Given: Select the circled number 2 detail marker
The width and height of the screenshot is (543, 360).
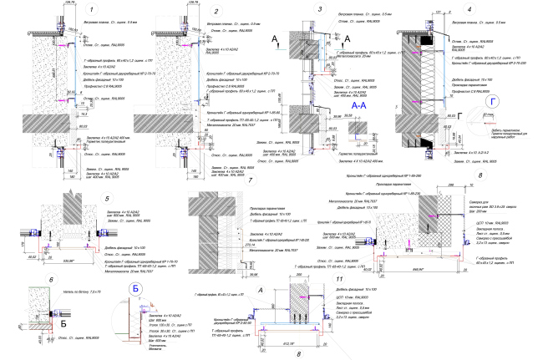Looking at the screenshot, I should click(216, 12).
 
